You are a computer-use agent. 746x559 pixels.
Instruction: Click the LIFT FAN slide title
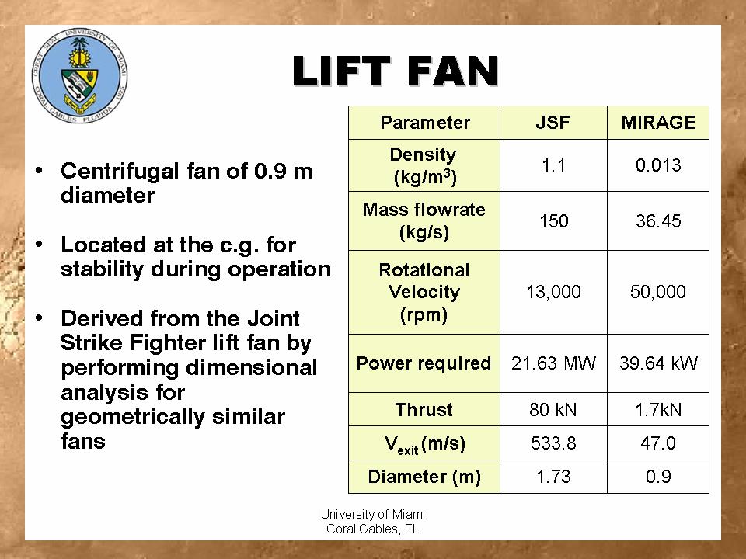[396, 72]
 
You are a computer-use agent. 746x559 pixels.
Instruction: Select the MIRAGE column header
[658, 123]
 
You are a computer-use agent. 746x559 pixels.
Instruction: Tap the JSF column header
[553, 123]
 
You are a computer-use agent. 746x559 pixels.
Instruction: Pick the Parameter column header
[424, 123]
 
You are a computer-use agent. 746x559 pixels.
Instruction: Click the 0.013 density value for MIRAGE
[658, 165]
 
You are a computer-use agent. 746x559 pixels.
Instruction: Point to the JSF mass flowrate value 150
[553, 221]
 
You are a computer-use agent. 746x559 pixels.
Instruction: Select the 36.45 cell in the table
[658, 221]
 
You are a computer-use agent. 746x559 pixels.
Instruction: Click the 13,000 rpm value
[553, 292]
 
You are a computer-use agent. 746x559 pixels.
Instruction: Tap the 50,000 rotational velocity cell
[658, 292]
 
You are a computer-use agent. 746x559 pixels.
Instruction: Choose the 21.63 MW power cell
[553, 363]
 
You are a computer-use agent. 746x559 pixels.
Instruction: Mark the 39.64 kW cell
[658, 363]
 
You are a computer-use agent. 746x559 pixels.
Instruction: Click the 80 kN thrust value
[553, 409]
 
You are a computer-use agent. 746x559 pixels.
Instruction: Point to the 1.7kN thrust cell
[658, 409]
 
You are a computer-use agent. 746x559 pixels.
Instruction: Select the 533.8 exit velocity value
[553, 443]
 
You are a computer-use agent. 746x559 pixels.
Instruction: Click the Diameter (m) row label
[424, 477]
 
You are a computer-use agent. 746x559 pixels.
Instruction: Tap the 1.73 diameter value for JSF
[553, 477]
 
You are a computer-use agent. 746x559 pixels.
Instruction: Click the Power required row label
[424, 363]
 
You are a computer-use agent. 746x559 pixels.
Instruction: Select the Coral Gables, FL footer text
[373, 529]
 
